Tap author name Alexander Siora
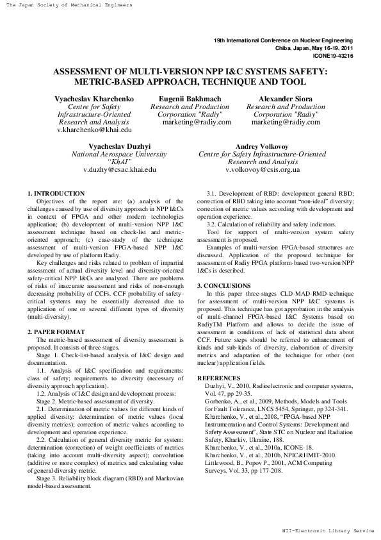(285, 98)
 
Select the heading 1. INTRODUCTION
(56, 193)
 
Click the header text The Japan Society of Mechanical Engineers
(67, 5)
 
